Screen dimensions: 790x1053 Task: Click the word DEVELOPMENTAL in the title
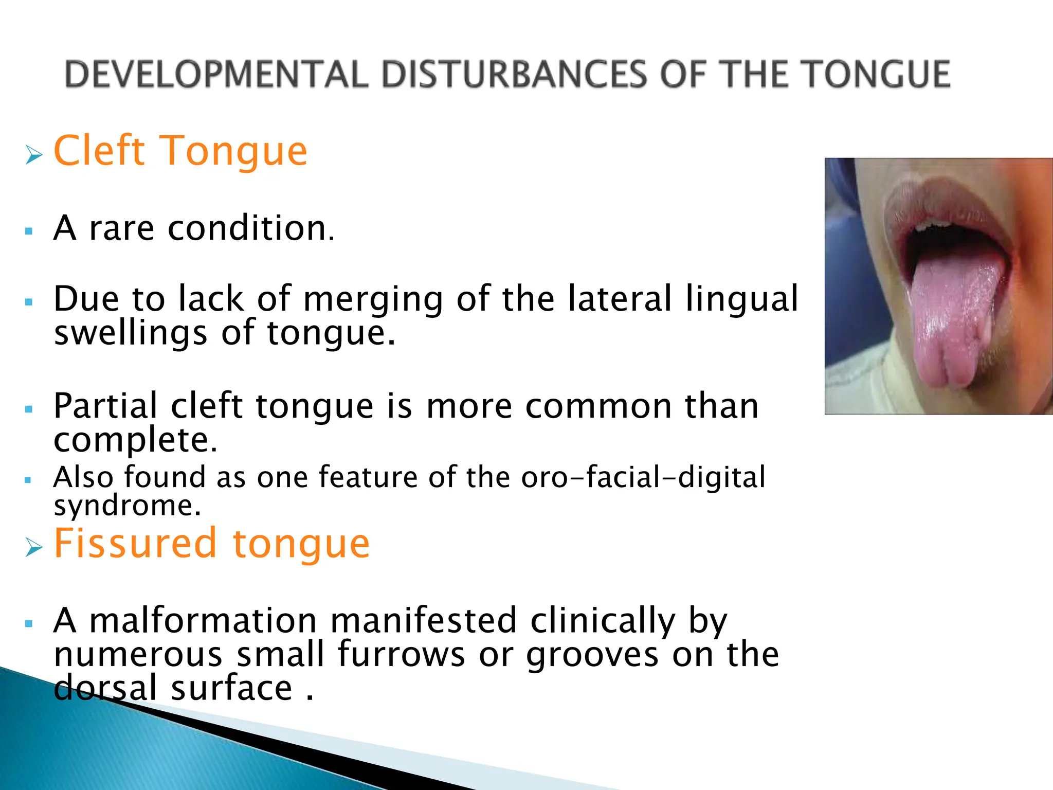click(216, 74)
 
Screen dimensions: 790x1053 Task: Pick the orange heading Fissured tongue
click(211, 543)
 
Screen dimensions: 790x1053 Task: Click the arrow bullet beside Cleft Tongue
click(33, 154)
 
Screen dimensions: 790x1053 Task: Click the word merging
click(373, 299)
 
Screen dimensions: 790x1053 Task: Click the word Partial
click(105, 406)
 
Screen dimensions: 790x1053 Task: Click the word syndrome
click(127, 506)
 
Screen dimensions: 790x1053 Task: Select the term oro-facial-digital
click(643, 477)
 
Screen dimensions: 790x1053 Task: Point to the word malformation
click(203, 620)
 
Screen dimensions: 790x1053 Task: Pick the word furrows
click(401, 654)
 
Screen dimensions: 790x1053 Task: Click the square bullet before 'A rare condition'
click(29, 231)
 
